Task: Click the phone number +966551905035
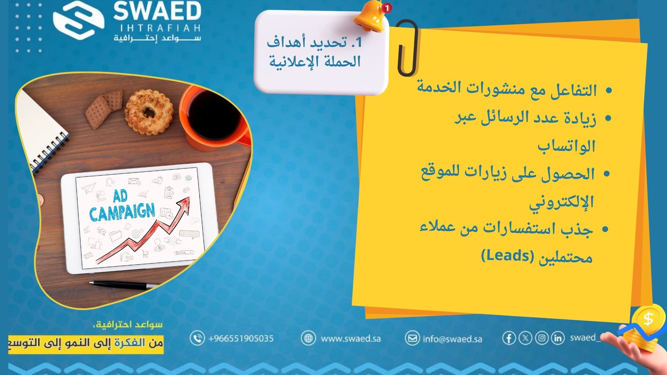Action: (x=241, y=338)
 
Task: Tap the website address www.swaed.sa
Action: (x=351, y=338)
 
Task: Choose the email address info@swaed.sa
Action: (x=452, y=339)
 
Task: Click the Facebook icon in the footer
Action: (x=509, y=338)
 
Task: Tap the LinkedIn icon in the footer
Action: (x=557, y=338)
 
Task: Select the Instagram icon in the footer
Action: (x=541, y=338)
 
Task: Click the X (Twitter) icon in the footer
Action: (x=525, y=338)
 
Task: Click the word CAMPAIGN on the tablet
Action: (x=122, y=212)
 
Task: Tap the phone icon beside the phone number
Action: (x=197, y=338)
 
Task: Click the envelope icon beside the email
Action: (x=412, y=338)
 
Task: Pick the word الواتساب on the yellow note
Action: (x=567, y=146)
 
